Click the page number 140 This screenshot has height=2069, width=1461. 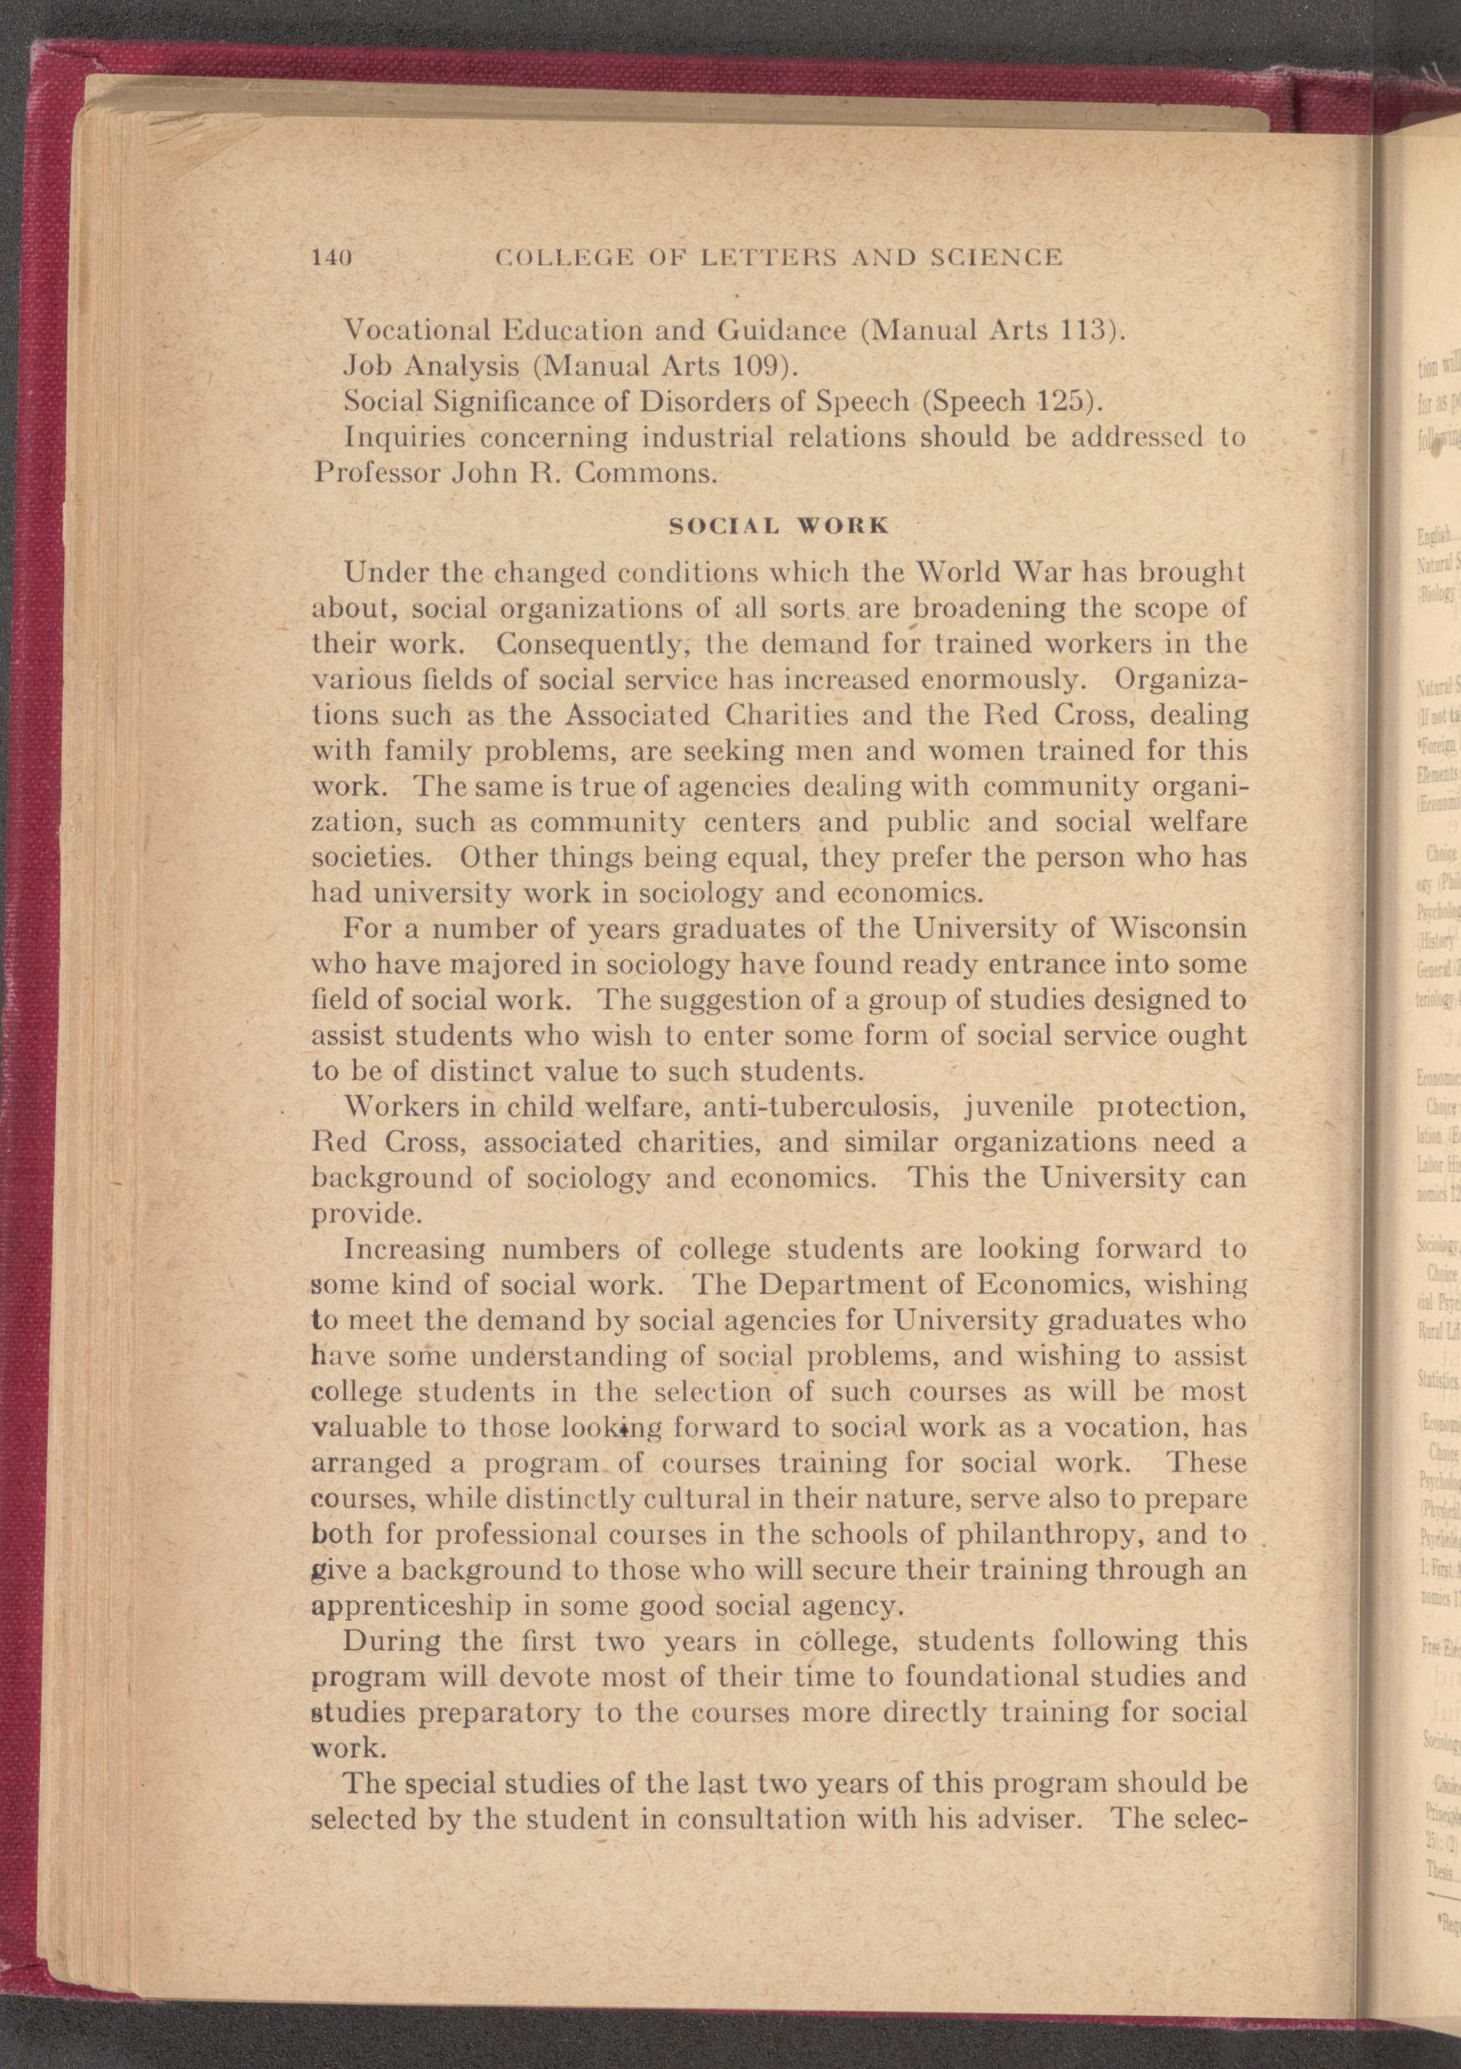coord(330,257)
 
